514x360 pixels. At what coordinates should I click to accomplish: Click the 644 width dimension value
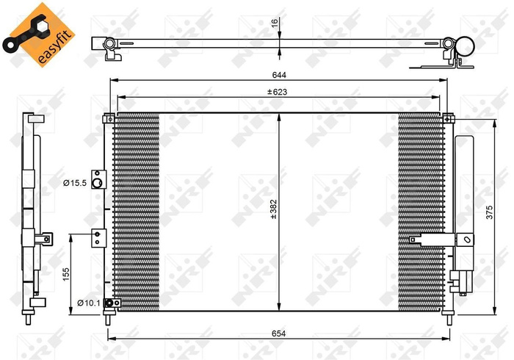tap(278, 74)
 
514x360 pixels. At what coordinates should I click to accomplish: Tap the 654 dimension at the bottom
tap(278, 333)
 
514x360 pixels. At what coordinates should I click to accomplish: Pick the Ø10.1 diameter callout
tap(88, 303)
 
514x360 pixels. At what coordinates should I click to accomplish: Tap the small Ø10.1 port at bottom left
tap(110, 303)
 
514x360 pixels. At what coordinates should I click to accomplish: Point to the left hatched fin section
tap(137, 209)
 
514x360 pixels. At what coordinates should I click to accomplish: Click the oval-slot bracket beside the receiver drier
tap(465, 238)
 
